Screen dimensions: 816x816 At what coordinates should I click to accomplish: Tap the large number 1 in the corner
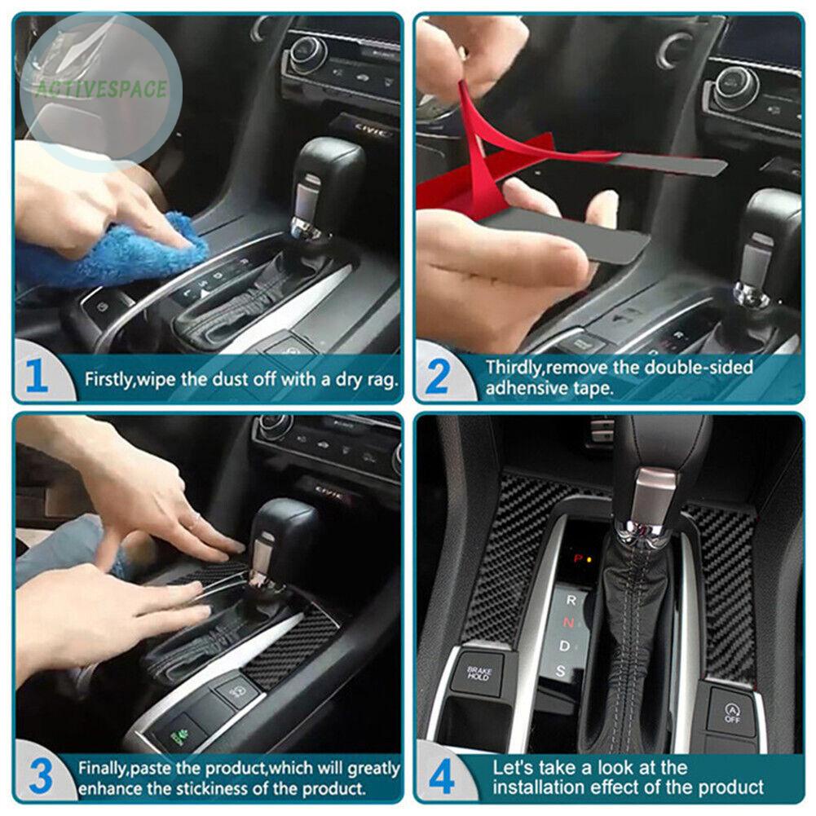pos(37,377)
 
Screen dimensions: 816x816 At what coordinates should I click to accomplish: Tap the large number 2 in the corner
pos(438,377)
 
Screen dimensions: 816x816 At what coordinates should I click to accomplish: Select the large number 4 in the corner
pos(441,778)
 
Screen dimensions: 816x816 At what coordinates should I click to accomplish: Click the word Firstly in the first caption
pos(109,379)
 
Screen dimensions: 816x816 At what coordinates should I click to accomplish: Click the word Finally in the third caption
pos(104,768)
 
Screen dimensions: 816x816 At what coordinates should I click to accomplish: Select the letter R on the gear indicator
pos(571,600)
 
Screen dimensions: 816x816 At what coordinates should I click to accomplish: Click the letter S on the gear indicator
pos(561,672)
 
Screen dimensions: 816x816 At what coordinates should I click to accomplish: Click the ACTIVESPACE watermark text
pos(99,89)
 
